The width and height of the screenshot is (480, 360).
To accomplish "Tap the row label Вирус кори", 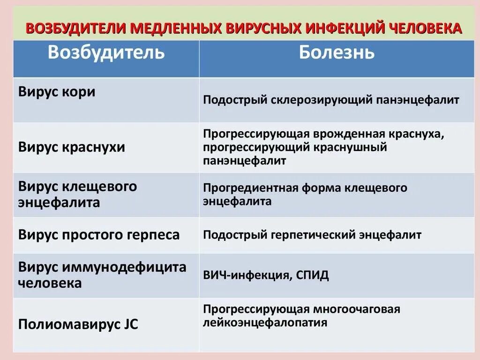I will pos(57,92).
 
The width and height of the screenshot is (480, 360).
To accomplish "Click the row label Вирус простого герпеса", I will pos(99,235).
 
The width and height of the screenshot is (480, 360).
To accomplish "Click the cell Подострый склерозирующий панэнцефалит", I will pos(331,100).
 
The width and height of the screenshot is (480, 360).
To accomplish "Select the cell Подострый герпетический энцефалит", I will pos(312,235).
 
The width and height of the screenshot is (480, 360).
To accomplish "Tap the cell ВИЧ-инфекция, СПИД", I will pos(266,275).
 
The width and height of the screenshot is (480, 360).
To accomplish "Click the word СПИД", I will pos(312,275).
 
